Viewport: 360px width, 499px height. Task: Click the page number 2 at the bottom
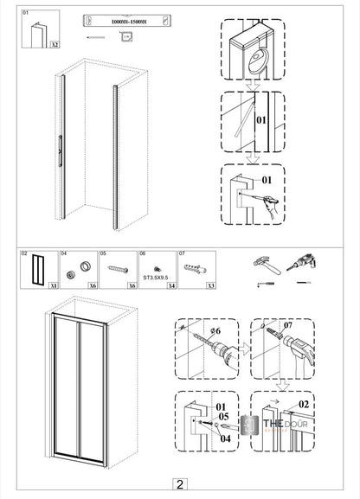coord(179,485)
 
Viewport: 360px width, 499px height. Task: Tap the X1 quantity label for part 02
coord(54,285)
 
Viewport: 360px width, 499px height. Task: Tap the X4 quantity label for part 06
coord(171,285)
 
